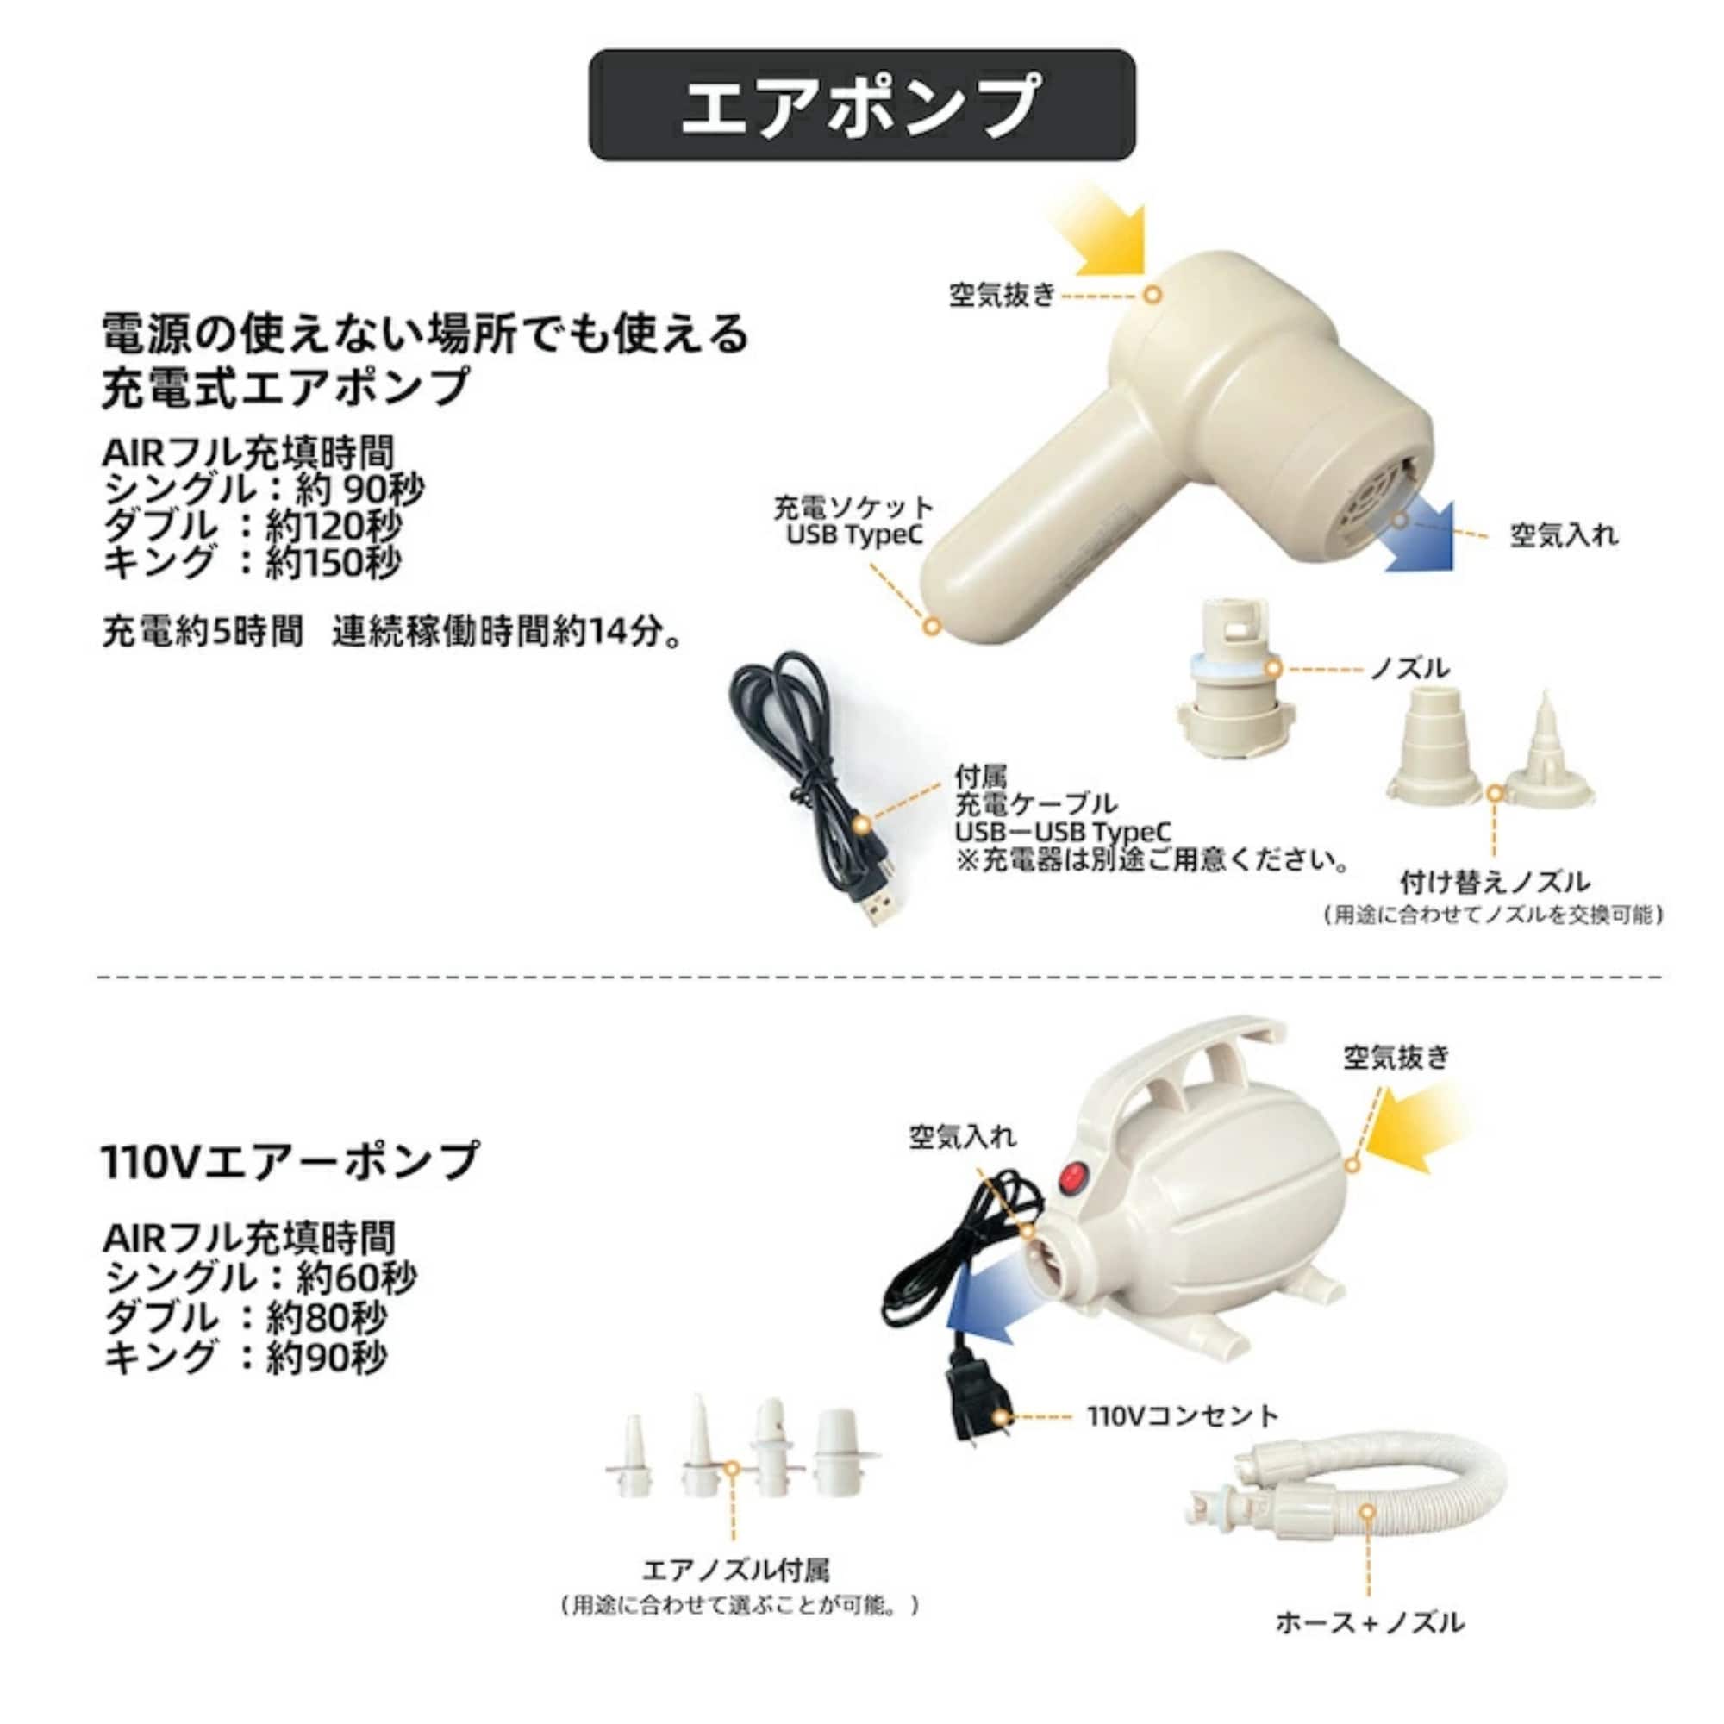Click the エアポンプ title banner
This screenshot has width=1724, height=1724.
pyautogui.click(x=861, y=105)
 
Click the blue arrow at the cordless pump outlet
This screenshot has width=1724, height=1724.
pyautogui.click(x=1419, y=538)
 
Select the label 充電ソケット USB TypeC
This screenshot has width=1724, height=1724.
pyautogui.click(x=853, y=522)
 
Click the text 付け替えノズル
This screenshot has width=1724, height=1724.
pyautogui.click(x=1495, y=883)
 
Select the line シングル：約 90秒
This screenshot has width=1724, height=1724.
pyautogui.click(x=264, y=489)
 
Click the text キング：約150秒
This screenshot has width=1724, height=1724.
pyautogui.click(x=253, y=562)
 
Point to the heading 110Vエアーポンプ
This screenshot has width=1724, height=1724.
pyautogui.click(x=290, y=1161)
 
